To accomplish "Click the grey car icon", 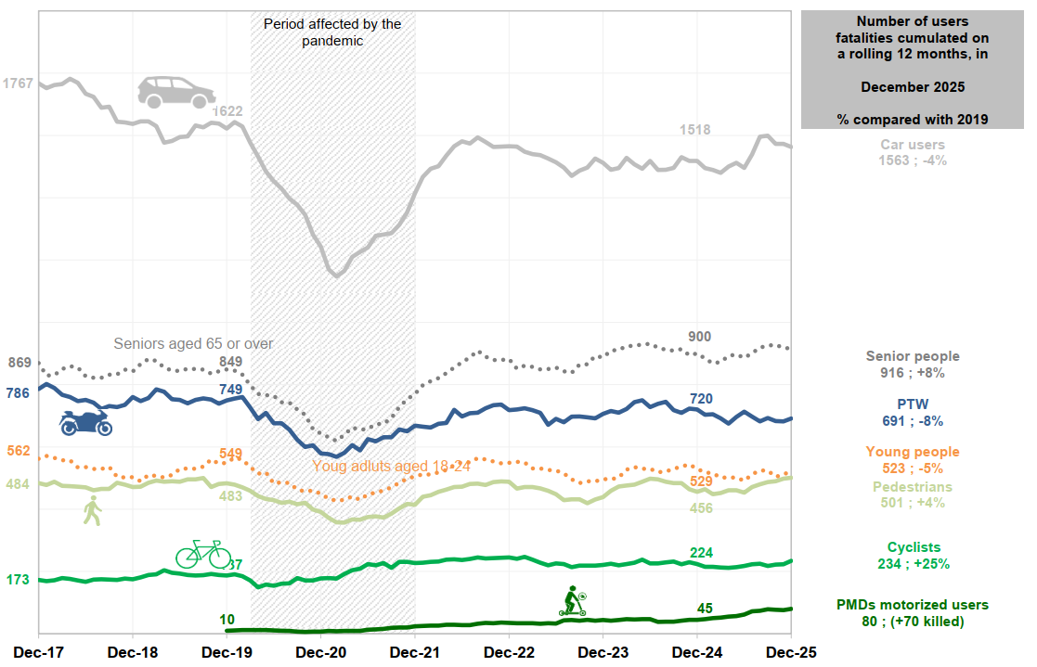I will tap(176, 92).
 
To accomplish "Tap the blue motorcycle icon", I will tap(85, 422).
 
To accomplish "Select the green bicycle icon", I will tap(202, 554).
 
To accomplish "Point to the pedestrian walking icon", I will tap(92, 511).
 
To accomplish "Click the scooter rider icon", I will tap(572, 601).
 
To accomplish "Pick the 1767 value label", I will tap(19, 83).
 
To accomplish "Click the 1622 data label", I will tap(227, 111).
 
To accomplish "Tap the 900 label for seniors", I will tap(700, 336).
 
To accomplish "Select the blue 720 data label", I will tap(701, 399).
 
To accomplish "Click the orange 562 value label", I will tap(19, 452).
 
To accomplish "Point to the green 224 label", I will tap(701, 553).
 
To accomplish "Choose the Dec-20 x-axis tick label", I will tap(321, 652).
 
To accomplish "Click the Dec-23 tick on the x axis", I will tap(603, 652).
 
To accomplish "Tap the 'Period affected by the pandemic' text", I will tap(332, 32).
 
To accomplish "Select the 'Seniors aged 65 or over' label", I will tap(193, 343).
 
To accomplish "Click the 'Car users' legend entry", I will tap(913, 145).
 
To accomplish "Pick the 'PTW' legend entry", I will tap(913, 404).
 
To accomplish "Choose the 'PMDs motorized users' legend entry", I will tap(913, 605).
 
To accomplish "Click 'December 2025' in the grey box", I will tap(913, 87).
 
